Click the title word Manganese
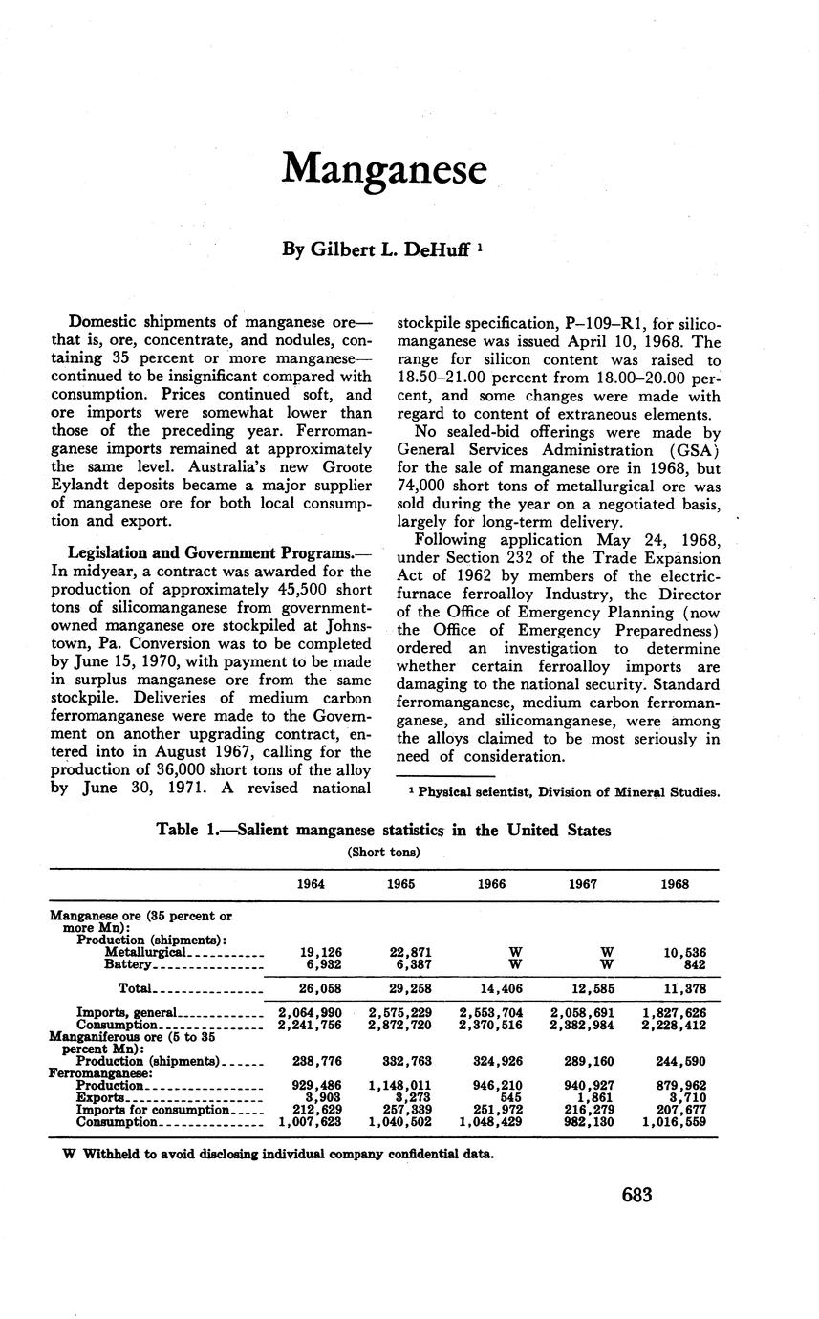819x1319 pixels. point(384,169)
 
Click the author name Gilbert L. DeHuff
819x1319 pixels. point(376,249)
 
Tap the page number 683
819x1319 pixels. point(636,1195)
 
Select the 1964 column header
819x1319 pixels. point(311,884)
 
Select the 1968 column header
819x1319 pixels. point(675,884)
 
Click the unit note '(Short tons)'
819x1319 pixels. point(383,851)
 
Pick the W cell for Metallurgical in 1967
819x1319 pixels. point(606,952)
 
